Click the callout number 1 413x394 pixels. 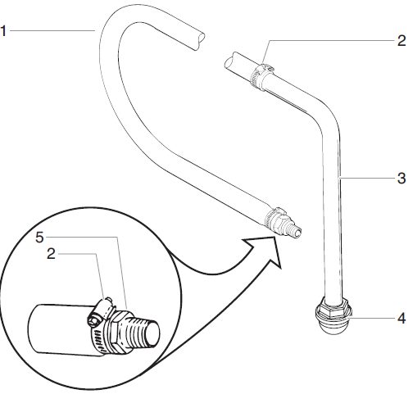pos(5,30)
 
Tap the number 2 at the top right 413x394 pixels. pos(402,38)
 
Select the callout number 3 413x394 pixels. pos(402,176)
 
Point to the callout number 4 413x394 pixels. pos(402,315)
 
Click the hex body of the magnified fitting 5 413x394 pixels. pos(120,324)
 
